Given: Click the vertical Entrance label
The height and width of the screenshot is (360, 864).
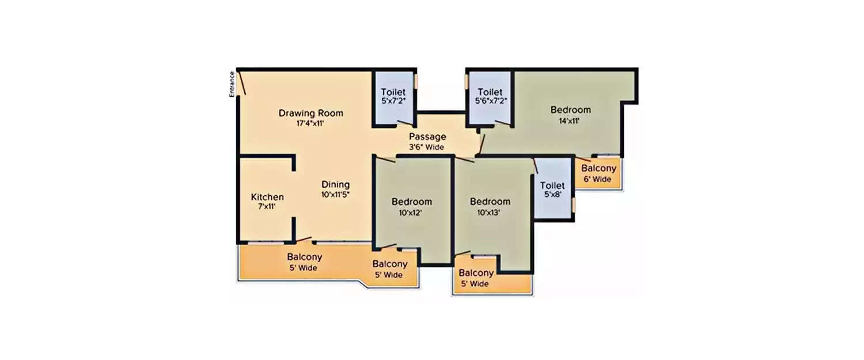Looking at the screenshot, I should click(232, 84).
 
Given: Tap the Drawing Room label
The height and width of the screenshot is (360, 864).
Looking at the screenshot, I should click(310, 113).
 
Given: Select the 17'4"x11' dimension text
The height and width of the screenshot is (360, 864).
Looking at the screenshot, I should click(310, 123).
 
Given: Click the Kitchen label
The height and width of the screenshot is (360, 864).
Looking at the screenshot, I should click(267, 197).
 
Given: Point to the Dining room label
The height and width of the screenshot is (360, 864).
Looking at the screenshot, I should click(335, 184).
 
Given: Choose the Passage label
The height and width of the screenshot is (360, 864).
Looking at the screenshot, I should click(427, 137).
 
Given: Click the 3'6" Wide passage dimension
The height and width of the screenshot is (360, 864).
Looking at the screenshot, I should click(427, 147).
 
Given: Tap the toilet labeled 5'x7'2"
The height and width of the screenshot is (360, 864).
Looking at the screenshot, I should click(393, 96).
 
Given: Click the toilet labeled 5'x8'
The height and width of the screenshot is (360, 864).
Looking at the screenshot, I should click(552, 190).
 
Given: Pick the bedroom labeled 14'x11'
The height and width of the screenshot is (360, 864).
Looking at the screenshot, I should click(570, 115).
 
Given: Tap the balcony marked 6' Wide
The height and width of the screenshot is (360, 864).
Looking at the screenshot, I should click(598, 173).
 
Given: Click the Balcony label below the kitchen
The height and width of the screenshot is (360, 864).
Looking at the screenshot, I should click(304, 257).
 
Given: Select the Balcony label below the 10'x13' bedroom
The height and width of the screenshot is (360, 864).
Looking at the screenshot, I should click(476, 273).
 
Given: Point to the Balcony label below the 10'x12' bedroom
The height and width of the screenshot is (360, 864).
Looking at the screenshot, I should click(389, 264).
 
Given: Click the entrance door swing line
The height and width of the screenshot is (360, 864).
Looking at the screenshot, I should click(242, 83).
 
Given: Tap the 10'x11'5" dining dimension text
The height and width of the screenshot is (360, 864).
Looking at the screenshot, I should click(335, 194).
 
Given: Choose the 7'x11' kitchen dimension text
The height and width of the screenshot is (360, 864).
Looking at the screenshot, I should click(267, 206).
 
